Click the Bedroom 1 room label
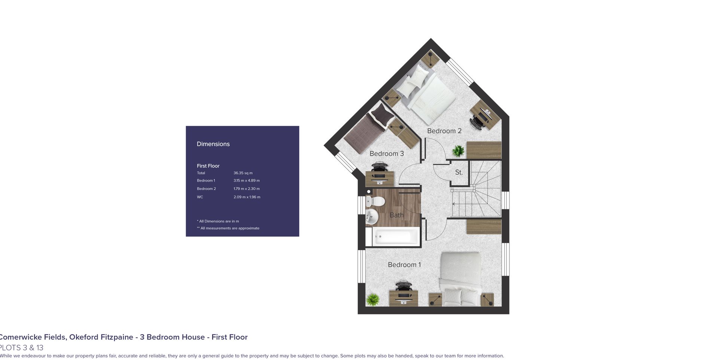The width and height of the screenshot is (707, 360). (404, 265)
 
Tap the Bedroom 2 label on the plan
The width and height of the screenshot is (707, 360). (444, 131)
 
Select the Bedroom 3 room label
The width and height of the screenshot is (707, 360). (386, 153)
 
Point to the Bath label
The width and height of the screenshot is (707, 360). (397, 215)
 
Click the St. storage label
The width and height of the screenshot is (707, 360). (459, 173)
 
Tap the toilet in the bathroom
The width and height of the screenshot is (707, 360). (375, 202)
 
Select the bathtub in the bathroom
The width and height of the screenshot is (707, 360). (396, 236)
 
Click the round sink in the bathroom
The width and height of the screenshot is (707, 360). (372, 216)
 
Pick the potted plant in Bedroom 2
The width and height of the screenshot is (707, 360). (458, 151)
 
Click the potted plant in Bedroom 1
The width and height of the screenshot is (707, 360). (373, 299)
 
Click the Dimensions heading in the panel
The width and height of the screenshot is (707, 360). (213, 144)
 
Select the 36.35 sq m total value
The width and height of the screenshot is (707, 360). (243, 173)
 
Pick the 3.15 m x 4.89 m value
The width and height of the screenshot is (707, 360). (247, 180)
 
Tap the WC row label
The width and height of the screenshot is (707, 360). (200, 197)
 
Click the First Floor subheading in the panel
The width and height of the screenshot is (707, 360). (208, 166)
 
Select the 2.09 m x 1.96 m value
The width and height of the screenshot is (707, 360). (247, 197)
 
